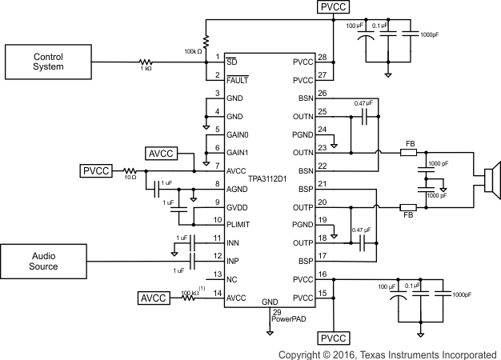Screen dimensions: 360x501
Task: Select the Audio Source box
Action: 45,261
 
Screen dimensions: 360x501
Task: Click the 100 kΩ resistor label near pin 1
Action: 193,51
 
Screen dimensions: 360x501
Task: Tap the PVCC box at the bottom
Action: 334,338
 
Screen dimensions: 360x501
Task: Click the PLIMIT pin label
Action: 240,221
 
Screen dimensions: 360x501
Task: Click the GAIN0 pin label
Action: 238,134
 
